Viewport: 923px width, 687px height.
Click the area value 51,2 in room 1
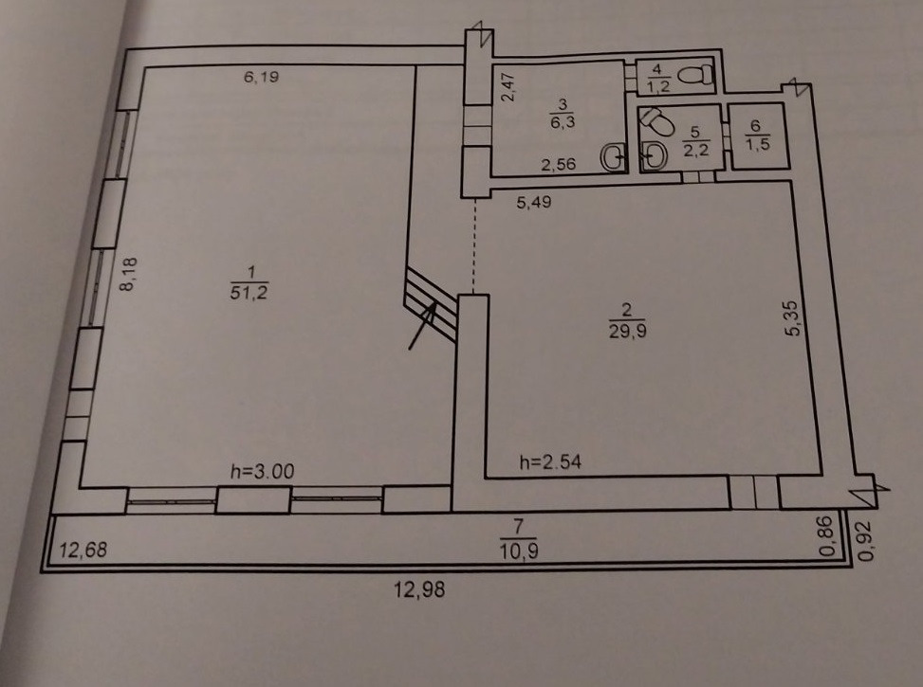click(249, 292)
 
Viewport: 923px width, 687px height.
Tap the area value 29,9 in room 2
click(627, 331)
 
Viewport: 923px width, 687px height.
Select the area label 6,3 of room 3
click(563, 122)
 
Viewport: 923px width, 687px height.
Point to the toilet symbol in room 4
click(695, 75)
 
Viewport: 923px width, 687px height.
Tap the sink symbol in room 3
click(614, 157)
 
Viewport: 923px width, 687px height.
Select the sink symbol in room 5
click(654, 155)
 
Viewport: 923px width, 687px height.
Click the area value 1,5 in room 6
click(758, 144)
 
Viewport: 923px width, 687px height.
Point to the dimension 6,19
click(262, 77)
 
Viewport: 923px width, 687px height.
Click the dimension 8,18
click(128, 274)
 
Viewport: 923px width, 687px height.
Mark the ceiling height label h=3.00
click(262, 471)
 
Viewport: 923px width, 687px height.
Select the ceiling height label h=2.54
click(550, 462)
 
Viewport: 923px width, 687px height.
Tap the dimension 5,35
click(793, 318)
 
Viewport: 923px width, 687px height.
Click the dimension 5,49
click(534, 203)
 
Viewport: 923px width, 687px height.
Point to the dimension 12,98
click(419, 588)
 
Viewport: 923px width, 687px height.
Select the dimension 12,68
click(83, 550)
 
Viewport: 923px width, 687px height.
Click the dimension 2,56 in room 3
click(558, 164)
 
